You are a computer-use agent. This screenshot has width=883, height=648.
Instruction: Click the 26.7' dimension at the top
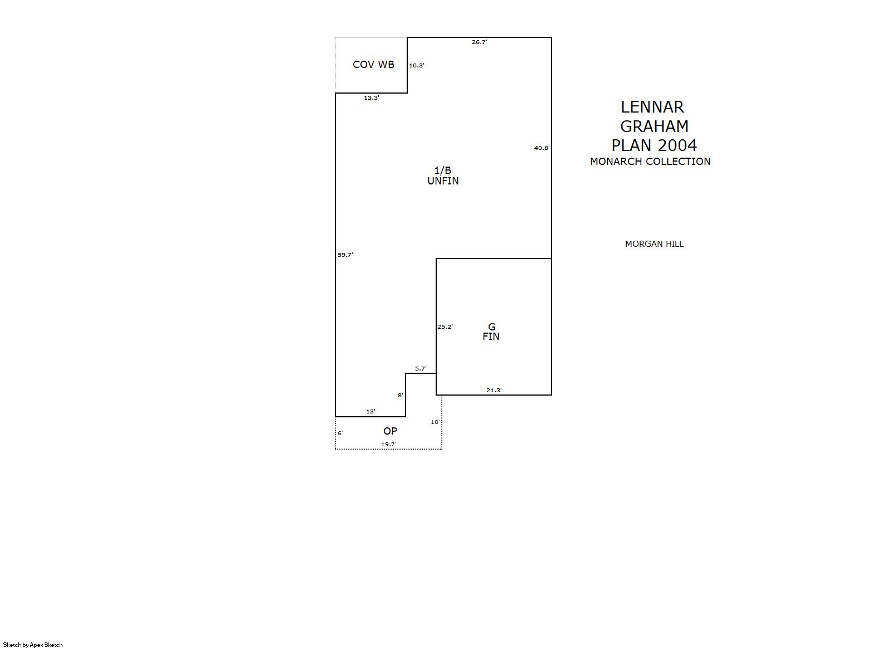click(479, 42)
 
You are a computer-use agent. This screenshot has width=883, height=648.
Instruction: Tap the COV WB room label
click(373, 65)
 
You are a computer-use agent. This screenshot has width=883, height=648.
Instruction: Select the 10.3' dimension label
click(417, 65)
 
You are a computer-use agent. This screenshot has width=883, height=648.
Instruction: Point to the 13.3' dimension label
click(372, 98)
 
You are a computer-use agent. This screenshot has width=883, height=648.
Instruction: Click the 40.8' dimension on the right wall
click(541, 148)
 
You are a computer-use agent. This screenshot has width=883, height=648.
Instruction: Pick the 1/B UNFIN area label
click(443, 176)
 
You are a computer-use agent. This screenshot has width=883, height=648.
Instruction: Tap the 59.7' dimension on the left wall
click(345, 255)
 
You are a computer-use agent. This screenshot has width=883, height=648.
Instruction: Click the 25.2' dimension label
click(445, 327)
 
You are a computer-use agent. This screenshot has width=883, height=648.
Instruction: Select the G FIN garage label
click(491, 332)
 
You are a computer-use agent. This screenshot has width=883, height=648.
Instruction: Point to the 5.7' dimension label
click(421, 368)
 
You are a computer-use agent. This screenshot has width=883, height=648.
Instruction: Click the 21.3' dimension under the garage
click(494, 390)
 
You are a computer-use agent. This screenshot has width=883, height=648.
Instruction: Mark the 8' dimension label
click(401, 396)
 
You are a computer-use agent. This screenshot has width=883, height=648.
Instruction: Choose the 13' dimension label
click(370, 412)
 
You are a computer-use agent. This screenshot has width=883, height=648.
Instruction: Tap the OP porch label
click(391, 431)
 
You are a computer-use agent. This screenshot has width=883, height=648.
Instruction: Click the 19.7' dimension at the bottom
click(389, 444)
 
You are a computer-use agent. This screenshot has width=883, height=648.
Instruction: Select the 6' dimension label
click(340, 433)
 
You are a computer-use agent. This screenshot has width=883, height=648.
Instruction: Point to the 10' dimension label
click(435, 422)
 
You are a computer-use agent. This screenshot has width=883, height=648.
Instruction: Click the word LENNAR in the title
click(652, 107)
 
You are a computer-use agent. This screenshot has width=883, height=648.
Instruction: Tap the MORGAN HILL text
click(655, 244)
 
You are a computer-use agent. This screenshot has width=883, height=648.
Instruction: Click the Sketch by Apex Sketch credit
click(33, 645)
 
